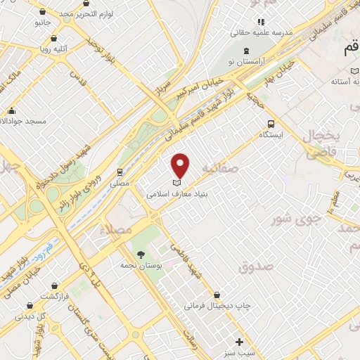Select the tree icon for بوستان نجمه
click(x=141, y=255)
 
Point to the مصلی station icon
click(x=121, y=171)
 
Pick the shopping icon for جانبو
click(x=43, y=11)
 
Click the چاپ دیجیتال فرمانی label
click(x=223, y=307)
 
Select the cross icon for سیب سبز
click(x=239, y=342)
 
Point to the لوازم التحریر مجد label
click(x=78, y=13)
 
